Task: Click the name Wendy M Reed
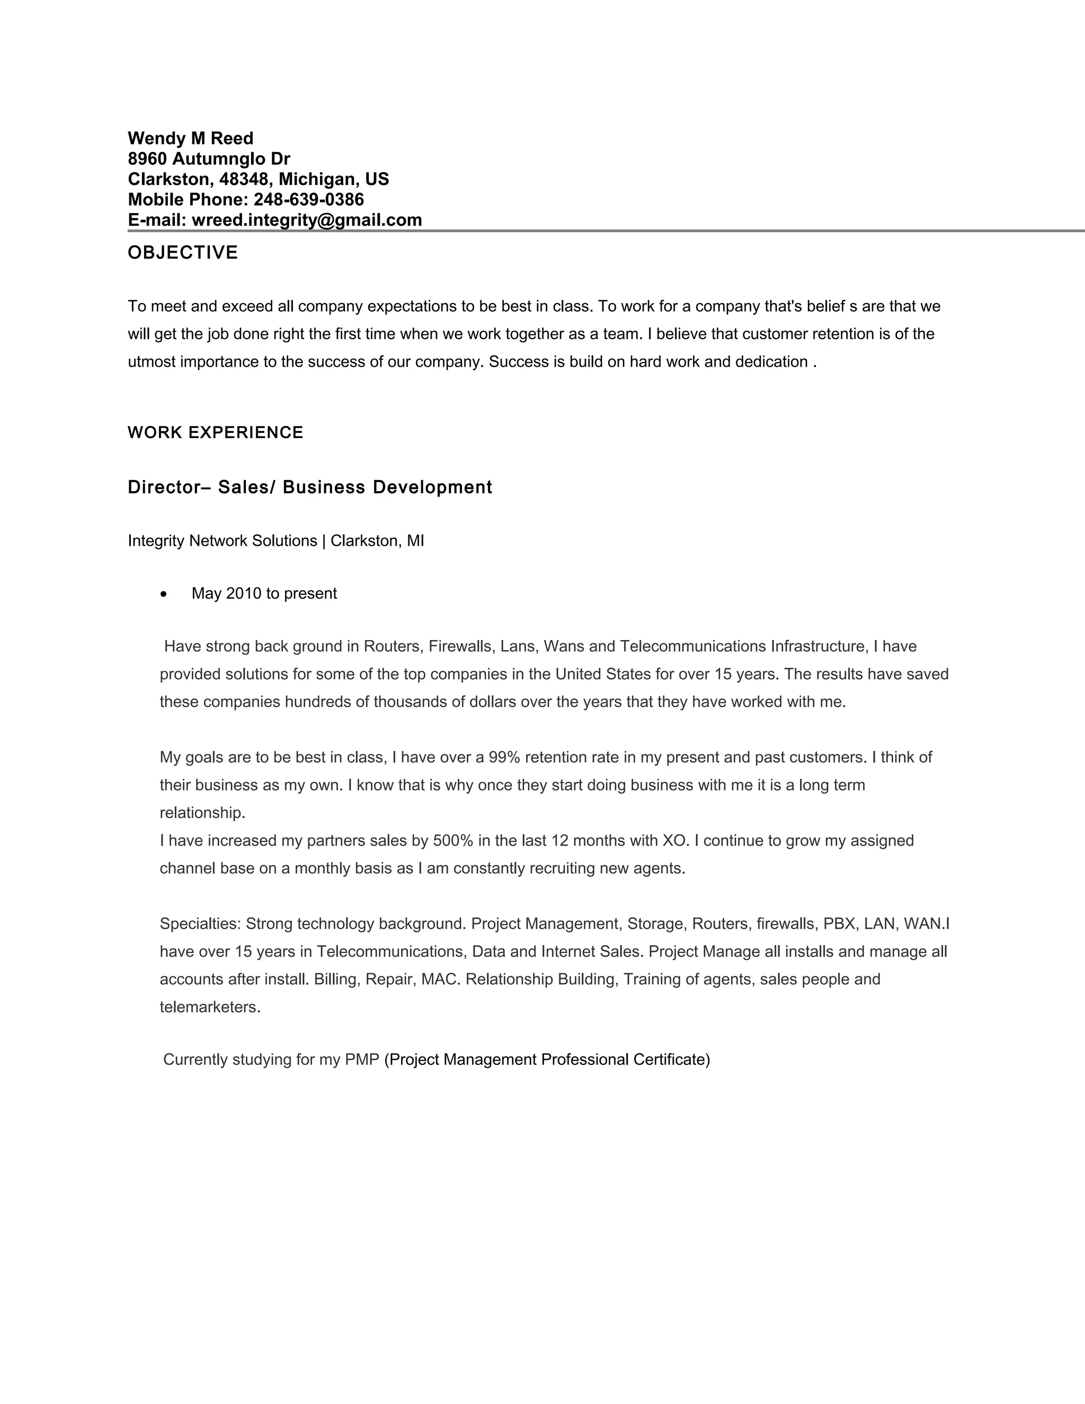(190, 138)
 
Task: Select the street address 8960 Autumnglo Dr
(209, 159)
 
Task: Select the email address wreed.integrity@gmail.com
(307, 220)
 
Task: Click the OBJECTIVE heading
(183, 253)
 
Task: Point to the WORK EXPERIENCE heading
(215, 433)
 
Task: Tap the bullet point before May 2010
(165, 594)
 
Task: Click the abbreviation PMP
(362, 1060)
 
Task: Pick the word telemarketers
(210, 1007)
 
